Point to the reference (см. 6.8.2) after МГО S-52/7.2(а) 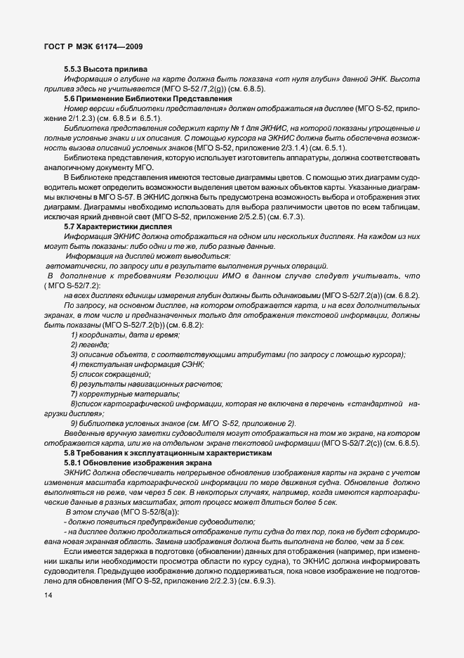[399, 295]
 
